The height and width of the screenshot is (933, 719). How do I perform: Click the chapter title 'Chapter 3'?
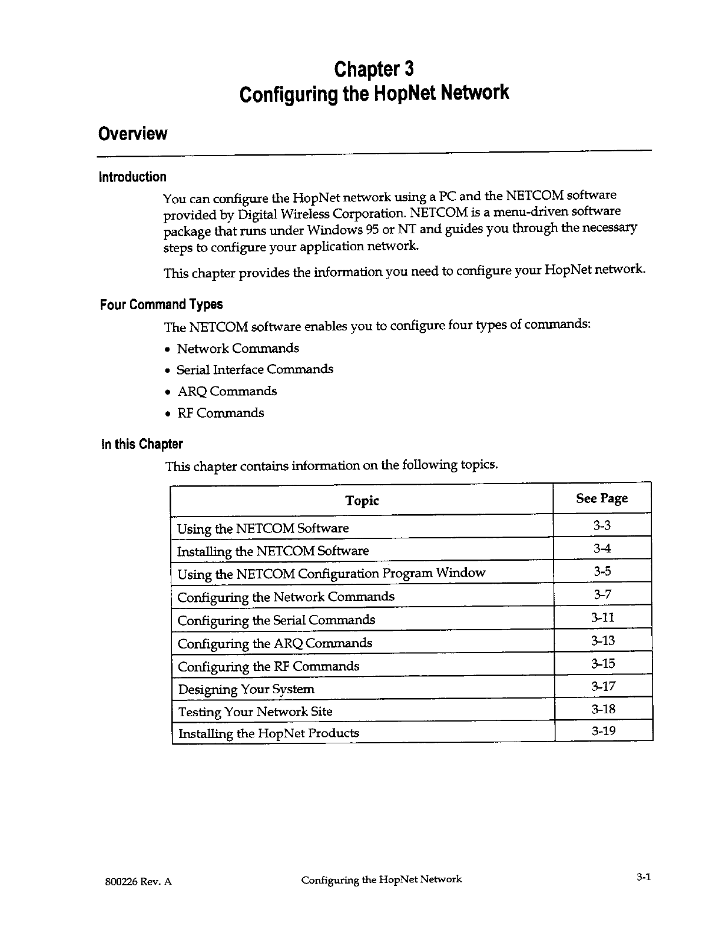(374, 70)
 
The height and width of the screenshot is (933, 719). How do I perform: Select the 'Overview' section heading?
(133, 134)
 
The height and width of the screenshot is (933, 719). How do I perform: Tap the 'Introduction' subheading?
(132, 177)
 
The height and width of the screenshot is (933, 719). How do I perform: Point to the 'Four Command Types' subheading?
(161, 305)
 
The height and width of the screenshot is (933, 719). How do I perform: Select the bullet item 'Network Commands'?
(238, 349)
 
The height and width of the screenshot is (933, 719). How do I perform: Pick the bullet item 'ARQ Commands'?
(227, 392)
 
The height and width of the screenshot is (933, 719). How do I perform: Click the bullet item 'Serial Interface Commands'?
(255, 370)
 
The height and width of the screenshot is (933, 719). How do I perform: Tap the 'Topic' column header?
(362, 501)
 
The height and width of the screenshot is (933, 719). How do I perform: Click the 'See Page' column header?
(601, 499)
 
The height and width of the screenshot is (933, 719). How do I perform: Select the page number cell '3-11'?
(602, 617)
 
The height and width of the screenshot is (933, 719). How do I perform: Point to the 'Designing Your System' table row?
(246, 689)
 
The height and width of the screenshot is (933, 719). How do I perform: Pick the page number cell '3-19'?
(603, 732)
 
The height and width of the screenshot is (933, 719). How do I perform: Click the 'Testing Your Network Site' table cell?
(255, 712)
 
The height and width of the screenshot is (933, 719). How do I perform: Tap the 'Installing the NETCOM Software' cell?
(273, 551)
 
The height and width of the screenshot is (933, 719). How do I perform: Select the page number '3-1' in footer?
(642, 877)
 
